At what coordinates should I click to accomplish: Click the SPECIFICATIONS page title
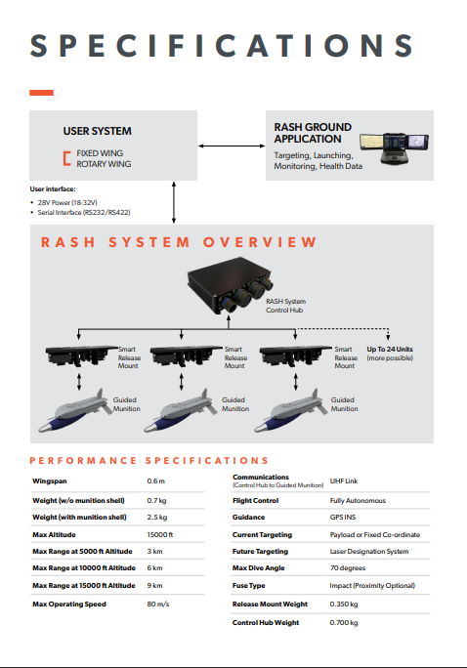[222, 45]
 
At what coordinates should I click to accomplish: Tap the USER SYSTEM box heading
[97, 131]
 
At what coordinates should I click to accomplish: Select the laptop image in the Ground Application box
[394, 147]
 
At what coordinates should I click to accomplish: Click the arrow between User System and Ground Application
[232, 146]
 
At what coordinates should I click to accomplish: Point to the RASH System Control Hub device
[231, 284]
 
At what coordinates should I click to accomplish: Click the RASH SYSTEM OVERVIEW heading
[179, 242]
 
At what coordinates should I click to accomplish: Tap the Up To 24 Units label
[390, 350]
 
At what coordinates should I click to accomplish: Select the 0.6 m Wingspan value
[156, 480]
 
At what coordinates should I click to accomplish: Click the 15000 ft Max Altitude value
[160, 534]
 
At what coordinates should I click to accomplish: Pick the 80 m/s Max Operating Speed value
[158, 605]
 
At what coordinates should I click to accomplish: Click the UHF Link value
[344, 480]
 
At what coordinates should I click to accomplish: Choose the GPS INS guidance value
[343, 518]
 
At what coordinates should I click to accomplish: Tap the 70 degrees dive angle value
[348, 567]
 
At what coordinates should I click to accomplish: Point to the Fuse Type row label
[249, 586]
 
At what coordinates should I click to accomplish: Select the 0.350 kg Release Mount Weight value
[344, 605]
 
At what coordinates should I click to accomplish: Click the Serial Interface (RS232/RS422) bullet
[84, 212]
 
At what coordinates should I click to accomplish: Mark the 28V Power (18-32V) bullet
[67, 202]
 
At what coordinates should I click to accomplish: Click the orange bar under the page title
[41, 93]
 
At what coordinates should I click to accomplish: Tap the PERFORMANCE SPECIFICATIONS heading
[149, 461]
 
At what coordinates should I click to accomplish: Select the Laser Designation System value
[369, 551]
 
